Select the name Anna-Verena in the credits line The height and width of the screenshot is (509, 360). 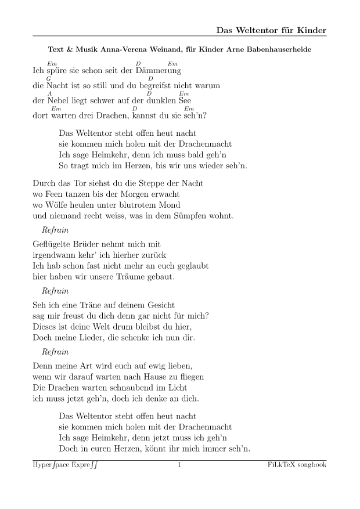[126, 50]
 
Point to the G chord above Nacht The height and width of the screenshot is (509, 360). [49, 78]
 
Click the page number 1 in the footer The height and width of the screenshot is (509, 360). [179, 465]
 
